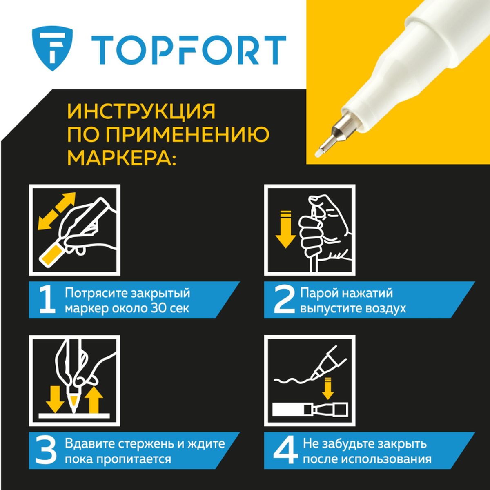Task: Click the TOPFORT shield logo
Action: (x=52, y=48)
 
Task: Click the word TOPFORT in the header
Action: (x=189, y=49)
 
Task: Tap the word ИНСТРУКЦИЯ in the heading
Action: (x=141, y=111)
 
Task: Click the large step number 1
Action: (x=47, y=300)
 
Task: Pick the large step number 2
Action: (x=284, y=300)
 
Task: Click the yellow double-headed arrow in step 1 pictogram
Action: (x=56, y=211)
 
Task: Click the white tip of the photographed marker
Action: (x=318, y=154)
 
